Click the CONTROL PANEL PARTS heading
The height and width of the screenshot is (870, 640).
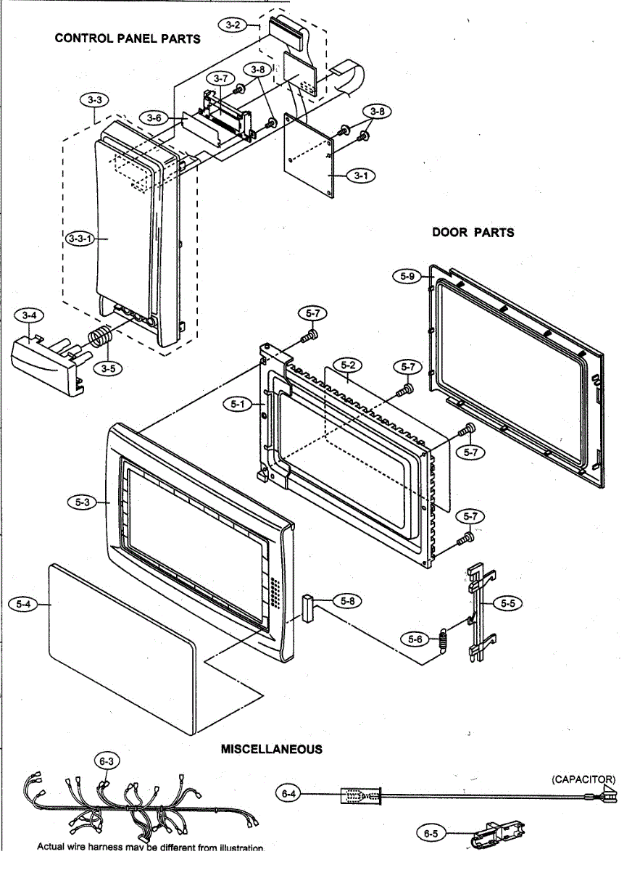tap(128, 38)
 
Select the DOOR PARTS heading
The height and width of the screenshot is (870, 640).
tap(473, 232)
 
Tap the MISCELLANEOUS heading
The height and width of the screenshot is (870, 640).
tap(272, 749)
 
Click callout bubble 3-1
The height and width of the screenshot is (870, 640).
tap(360, 175)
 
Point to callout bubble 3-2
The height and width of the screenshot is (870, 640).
tap(233, 25)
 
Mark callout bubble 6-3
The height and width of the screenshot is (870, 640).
tap(107, 761)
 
